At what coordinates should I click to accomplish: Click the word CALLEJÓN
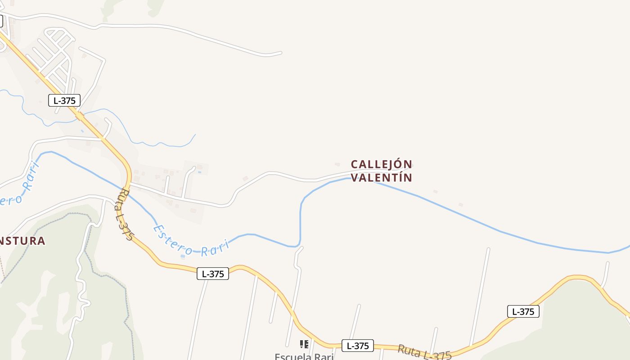click(x=382, y=164)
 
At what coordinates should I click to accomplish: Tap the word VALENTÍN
click(x=382, y=178)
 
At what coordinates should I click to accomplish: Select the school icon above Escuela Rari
click(x=304, y=344)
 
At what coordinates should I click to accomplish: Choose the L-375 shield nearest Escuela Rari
click(x=358, y=346)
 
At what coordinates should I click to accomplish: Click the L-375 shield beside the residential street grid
click(x=64, y=100)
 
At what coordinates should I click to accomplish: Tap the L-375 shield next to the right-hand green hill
click(x=523, y=311)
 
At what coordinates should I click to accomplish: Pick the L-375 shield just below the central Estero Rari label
click(x=213, y=274)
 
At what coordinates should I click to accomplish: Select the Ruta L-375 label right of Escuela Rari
click(x=424, y=352)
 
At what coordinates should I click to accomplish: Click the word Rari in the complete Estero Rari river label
click(x=215, y=248)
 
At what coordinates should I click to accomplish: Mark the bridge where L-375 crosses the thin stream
click(x=80, y=116)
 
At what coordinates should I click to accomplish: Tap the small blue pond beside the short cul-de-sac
click(x=199, y=172)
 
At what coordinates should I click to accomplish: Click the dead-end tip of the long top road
click(x=281, y=53)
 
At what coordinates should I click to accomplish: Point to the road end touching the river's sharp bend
click(x=301, y=247)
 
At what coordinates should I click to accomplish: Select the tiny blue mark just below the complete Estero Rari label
click(x=182, y=256)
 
